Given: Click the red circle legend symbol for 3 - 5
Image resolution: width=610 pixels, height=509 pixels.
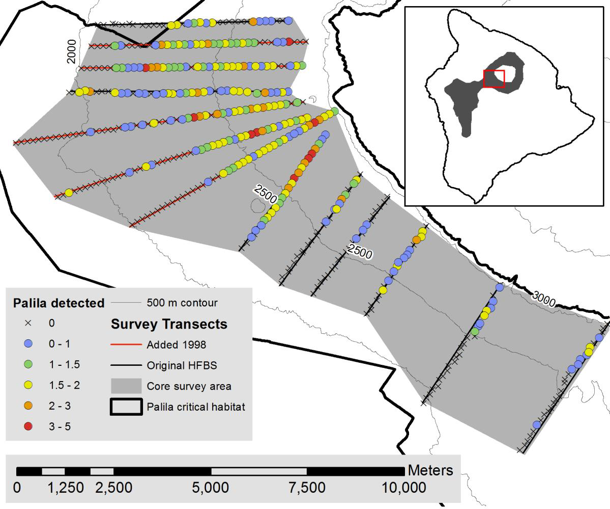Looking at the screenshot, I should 28,426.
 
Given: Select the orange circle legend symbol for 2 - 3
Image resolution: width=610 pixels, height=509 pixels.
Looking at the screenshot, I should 28,406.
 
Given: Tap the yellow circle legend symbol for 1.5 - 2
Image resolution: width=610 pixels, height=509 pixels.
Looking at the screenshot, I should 28,385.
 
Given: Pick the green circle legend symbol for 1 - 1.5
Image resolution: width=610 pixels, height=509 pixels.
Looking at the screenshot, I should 28,364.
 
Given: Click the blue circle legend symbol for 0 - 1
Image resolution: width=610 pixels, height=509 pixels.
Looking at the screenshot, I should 28,344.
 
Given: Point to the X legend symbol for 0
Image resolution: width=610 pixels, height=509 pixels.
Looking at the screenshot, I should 28,323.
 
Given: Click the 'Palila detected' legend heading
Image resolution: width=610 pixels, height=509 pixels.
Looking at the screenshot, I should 59,303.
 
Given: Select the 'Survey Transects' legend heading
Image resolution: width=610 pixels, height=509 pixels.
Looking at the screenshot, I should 169,324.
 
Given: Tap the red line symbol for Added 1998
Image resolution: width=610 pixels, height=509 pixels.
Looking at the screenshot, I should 126,345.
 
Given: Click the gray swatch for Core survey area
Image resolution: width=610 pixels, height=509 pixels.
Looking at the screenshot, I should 126,386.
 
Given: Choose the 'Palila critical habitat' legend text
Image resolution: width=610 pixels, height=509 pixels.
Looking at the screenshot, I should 196,407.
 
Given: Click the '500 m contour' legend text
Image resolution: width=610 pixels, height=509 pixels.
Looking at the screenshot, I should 182,303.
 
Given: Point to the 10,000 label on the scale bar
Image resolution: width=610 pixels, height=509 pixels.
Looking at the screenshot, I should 404,488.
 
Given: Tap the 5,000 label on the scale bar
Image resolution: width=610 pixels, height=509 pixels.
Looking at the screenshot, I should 210,488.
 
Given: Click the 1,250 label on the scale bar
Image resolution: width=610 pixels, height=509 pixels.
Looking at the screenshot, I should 66,488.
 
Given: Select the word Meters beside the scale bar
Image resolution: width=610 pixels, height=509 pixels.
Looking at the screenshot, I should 430,470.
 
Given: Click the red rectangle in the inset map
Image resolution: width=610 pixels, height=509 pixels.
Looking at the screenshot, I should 493,79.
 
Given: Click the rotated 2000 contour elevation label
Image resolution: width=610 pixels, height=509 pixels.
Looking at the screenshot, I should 72,51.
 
